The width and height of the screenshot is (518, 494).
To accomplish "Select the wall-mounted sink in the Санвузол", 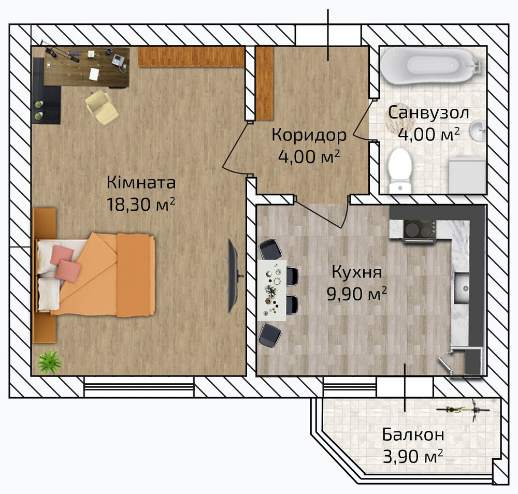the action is [478, 130].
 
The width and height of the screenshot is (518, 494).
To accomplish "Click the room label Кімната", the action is [141, 183].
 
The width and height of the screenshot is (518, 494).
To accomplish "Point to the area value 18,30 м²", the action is [141, 205].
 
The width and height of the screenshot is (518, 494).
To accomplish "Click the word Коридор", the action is [309, 135].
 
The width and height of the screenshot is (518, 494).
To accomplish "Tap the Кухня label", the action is [357, 272].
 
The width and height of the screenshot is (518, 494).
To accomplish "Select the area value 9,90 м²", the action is [357, 294].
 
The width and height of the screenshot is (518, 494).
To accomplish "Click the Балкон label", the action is [413, 435].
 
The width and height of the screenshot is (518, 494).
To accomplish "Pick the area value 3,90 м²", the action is [413, 457].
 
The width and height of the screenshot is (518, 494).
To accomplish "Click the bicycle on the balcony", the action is [463, 410].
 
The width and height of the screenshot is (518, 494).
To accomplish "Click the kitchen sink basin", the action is [462, 288].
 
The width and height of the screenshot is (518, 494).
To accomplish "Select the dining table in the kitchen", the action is [272, 290].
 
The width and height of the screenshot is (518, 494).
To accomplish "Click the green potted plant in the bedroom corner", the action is [49, 362].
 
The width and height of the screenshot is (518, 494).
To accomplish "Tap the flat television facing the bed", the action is [234, 276].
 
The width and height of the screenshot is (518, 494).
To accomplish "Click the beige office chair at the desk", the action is [101, 107].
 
